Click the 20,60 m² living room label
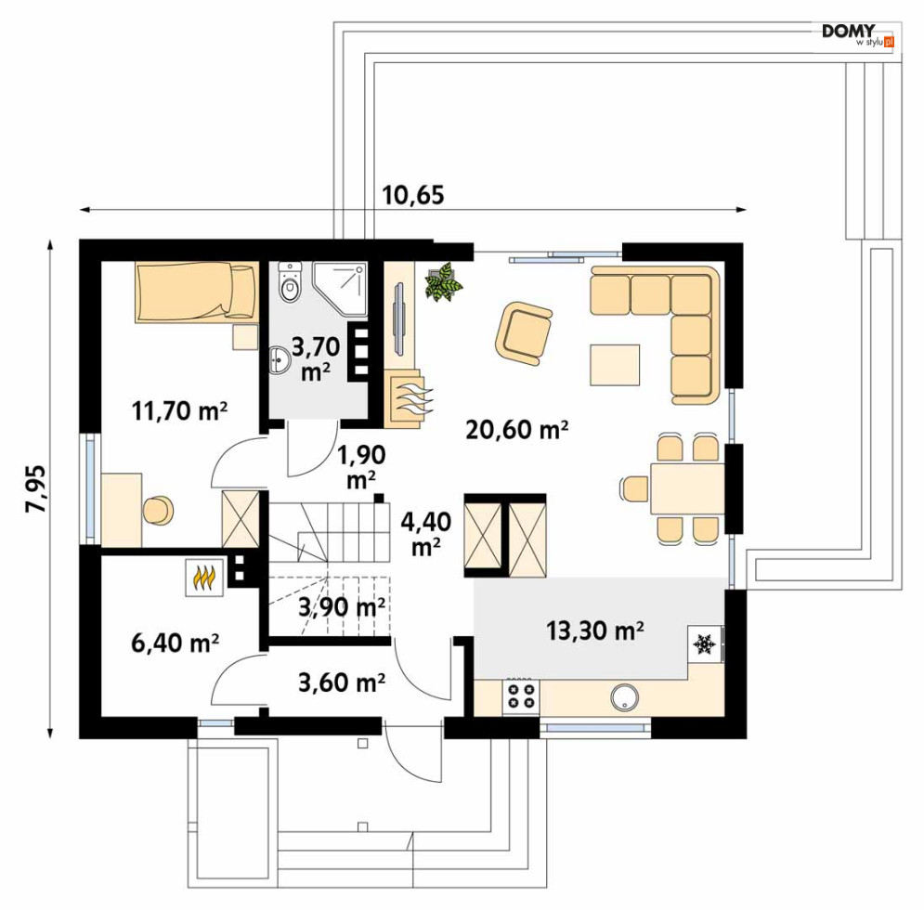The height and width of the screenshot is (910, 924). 514,429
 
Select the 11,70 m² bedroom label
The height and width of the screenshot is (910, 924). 180,410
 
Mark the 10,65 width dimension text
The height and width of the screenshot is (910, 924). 413,195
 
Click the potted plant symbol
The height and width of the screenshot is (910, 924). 443,281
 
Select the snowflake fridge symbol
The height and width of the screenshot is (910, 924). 704,643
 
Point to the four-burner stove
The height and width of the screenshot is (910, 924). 520,696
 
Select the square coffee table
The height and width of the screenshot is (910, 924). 614,364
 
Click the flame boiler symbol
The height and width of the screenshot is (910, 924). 203,577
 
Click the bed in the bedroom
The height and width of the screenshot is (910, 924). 194,292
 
